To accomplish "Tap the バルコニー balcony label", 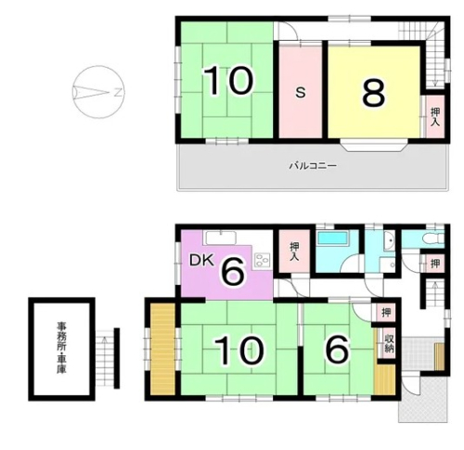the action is point(313,166).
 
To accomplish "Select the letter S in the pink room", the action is point(300,92).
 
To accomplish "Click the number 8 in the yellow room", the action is point(374,92).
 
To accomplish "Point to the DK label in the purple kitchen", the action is point(201,261).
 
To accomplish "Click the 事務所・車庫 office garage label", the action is point(61,348).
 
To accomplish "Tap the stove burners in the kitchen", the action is point(263,261).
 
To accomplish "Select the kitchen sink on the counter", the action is point(220,238).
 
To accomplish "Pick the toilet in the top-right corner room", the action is point(433,238).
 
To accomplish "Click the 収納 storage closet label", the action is point(389,343).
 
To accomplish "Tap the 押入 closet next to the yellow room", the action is point(435,117).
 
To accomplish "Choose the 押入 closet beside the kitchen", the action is point(294,251).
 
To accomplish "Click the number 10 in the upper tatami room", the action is point(228,81).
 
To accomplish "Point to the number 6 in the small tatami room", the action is point(338,350).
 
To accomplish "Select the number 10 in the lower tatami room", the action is point(239,351).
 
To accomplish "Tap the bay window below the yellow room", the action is point(374,146).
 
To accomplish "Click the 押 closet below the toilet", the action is point(435,264).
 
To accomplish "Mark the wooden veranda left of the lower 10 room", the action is point(162,349).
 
